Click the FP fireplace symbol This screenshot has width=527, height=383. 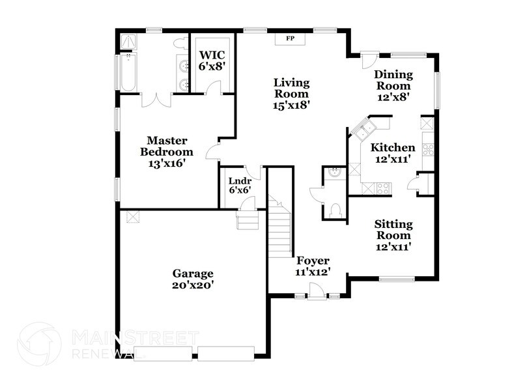291,39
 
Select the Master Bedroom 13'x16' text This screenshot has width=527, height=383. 167,152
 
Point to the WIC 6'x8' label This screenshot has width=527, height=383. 212,61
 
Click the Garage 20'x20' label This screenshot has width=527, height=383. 192,279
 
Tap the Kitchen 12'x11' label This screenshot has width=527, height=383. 392,153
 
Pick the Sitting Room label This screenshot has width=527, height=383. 393,235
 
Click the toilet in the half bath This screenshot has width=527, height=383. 334,210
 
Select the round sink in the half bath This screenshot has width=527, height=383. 334,173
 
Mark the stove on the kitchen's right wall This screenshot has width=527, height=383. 428,149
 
